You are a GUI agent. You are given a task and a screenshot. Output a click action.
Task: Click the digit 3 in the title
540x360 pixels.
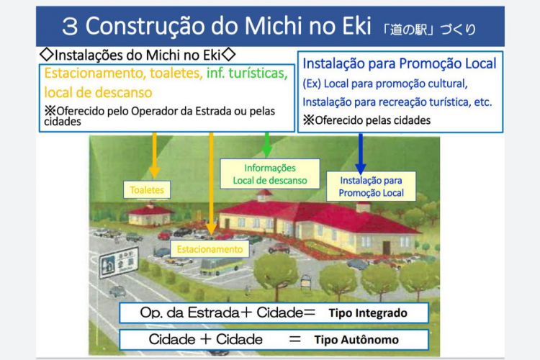click(69, 27)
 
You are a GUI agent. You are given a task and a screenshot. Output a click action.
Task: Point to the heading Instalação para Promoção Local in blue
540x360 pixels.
click(400, 63)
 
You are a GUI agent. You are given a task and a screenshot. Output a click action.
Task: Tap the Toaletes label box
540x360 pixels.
click(147, 190)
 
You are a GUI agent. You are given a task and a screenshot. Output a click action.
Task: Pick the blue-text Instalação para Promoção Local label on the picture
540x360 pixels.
click(372, 186)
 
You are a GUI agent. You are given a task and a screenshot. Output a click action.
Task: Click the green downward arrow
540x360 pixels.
click(267, 144)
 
